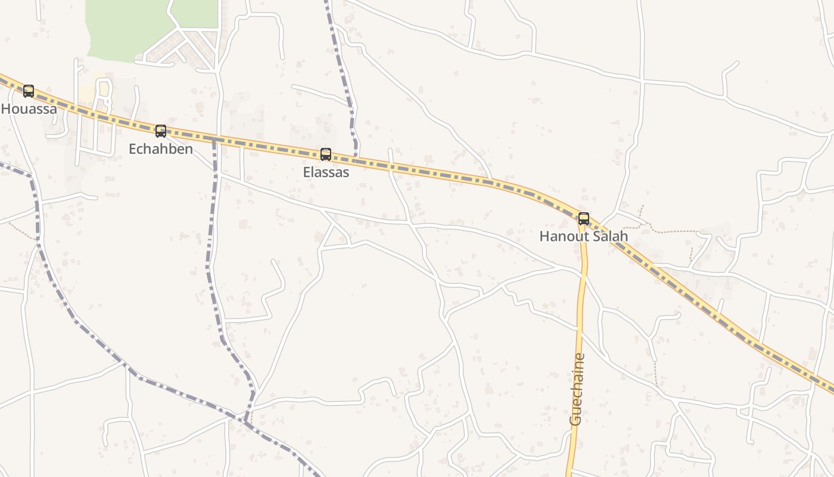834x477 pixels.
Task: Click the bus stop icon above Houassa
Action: (x=29, y=91)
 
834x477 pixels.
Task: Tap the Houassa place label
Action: (x=29, y=109)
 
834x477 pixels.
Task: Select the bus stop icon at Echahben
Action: (x=161, y=131)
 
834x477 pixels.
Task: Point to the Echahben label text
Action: (x=161, y=149)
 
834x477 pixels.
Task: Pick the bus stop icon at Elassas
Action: (x=326, y=154)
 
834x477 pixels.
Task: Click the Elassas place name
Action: (x=326, y=172)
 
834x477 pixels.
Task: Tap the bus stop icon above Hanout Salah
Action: (x=584, y=219)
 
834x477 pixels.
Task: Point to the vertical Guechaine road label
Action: (x=577, y=389)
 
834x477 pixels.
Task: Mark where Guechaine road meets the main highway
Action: (x=581, y=222)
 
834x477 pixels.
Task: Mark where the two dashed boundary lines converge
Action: (x=246, y=420)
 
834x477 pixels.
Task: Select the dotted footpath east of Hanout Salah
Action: (x=673, y=231)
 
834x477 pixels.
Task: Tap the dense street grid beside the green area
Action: (x=185, y=48)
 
